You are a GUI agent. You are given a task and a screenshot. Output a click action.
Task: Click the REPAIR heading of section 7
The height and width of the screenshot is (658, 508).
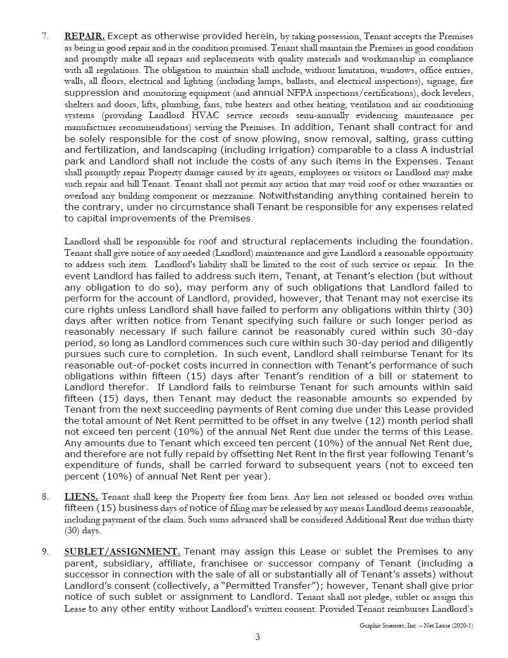pyautogui.click(x=84, y=36)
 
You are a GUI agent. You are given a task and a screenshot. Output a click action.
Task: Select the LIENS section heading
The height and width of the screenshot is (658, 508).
pyautogui.click(x=81, y=496)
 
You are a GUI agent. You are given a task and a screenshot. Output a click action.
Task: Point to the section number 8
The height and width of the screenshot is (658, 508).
pyautogui.click(x=46, y=496)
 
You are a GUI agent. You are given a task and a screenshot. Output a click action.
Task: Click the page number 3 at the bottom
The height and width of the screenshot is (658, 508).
pyautogui.click(x=258, y=637)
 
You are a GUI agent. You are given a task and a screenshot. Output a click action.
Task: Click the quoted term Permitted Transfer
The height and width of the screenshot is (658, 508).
pyautogui.click(x=284, y=586)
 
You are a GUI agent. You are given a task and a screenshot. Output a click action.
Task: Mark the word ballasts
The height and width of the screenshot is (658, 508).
pyautogui.click(x=303, y=81)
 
